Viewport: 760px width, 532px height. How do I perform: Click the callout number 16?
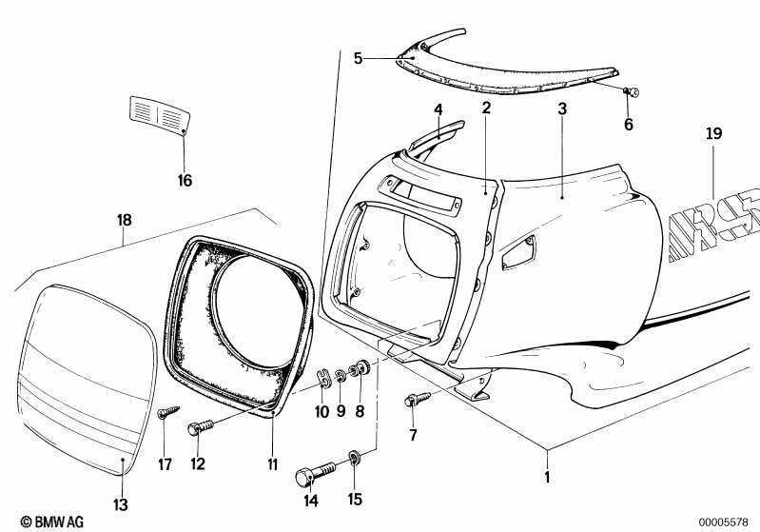pyautogui.click(x=185, y=181)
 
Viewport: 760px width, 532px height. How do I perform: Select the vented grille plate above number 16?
pyautogui.click(x=160, y=115)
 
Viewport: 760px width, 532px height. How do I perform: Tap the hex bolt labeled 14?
pyautogui.click(x=315, y=473)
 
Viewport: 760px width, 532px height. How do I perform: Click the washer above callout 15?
pyautogui.click(x=354, y=457)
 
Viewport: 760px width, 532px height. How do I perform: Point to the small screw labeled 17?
pyautogui.click(x=167, y=412)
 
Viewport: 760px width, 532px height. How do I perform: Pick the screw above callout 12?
pyautogui.click(x=200, y=427)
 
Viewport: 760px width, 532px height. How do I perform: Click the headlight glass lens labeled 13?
pyautogui.click(x=88, y=379)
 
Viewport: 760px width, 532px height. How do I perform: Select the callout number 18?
pyautogui.click(x=125, y=220)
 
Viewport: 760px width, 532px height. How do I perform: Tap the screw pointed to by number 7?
pyautogui.click(x=418, y=399)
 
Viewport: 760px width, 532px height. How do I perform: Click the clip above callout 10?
pyautogui.click(x=324, y=378)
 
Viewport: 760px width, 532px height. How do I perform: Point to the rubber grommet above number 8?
pyautogui.click(x=361, y=367)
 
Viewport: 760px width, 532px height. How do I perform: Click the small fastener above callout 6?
pyautogui.click(x=631, y=91)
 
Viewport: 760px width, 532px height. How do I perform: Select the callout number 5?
pyautogui.click(x=358, y=59)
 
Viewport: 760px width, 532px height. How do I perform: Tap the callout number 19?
pyautogui.click(x=714, y=133)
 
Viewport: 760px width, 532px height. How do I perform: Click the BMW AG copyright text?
pyautogui.click(x=52, y=522)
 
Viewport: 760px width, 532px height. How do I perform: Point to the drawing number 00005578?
pyautogui.click(x=723, y=522)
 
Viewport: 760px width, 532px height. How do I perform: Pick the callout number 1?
pyautogui.click(x=547, y=477)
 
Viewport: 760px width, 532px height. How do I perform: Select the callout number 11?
pyautogui.click(x=273, y=464)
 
